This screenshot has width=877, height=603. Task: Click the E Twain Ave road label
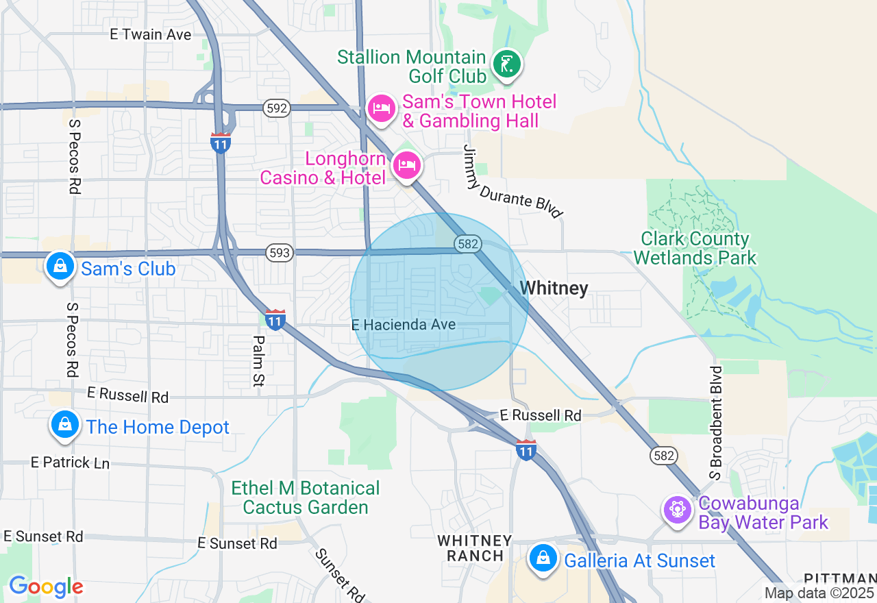click(x=151, y=34)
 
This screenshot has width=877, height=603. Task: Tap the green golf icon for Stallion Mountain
click(x=506, y=64)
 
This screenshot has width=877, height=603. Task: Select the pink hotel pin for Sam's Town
click(x=382, y=108)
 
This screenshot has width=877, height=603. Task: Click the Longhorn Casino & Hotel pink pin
click(x=406, y=165)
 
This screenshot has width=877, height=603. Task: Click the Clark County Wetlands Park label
click(x=695, y=248)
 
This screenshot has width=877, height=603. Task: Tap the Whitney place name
click(x=554, y=288)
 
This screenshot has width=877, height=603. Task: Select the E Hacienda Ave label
click(x=404, y=325)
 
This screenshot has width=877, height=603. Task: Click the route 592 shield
click(x=276, y=108)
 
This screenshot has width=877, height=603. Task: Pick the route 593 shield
click(x=280, y=254)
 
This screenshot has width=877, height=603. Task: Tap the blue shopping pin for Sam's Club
click(x=60, y=265)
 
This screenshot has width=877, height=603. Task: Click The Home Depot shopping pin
click(x=64, y=424)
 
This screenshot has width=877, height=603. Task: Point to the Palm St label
click(x=258, y=361)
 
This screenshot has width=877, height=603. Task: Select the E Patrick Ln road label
click(x=70, y=463)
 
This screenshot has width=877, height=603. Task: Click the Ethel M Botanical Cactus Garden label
click(x=306, y=497)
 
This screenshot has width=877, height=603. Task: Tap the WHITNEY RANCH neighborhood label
click(x=475, y=548)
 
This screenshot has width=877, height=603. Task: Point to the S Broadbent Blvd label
click(x=716, y=422)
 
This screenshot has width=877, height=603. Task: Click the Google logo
click(x=46, y=587)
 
